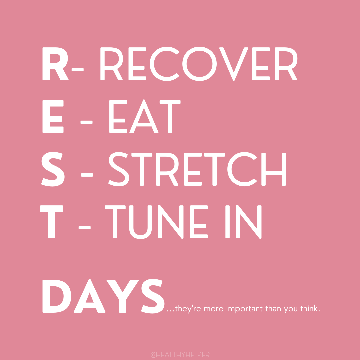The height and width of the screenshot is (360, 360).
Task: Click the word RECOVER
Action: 199,64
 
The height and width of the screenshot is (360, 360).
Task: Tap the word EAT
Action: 145,116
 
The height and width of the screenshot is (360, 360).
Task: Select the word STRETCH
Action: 197,169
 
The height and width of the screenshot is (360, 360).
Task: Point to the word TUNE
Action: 156,222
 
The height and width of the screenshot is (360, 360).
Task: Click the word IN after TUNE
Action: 243,222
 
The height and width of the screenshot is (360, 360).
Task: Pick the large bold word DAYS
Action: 104,296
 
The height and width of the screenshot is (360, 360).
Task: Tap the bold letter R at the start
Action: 56,64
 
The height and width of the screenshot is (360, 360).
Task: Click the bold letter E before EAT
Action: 53,116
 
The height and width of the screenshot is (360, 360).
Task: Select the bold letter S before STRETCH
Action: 53,169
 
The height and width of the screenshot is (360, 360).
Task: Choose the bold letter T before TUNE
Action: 51,222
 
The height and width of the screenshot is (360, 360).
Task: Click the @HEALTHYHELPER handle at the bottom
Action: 180,355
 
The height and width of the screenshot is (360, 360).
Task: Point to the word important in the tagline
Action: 244,309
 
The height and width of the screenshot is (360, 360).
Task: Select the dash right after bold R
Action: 78,70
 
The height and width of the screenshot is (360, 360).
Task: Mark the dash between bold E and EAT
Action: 87,122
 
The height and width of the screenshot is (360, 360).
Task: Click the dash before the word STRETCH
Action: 87,175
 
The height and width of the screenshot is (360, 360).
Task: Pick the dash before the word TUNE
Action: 84,228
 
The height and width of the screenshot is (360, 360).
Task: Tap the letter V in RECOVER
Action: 234,64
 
